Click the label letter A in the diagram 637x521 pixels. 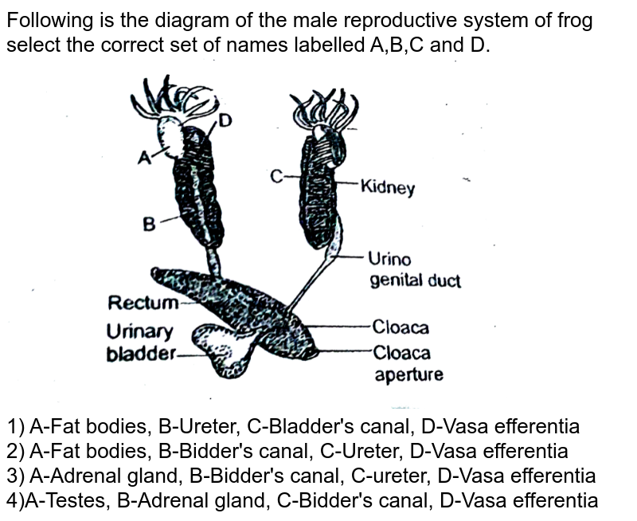coord(144,158)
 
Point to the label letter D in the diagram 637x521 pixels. coord(225,121)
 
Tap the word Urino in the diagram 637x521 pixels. coord(389,260)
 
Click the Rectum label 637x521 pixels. coord(143,303)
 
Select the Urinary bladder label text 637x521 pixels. coord(140,343)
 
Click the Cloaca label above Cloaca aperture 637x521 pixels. coord(401,327)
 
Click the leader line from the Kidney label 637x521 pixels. coord(347,184)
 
